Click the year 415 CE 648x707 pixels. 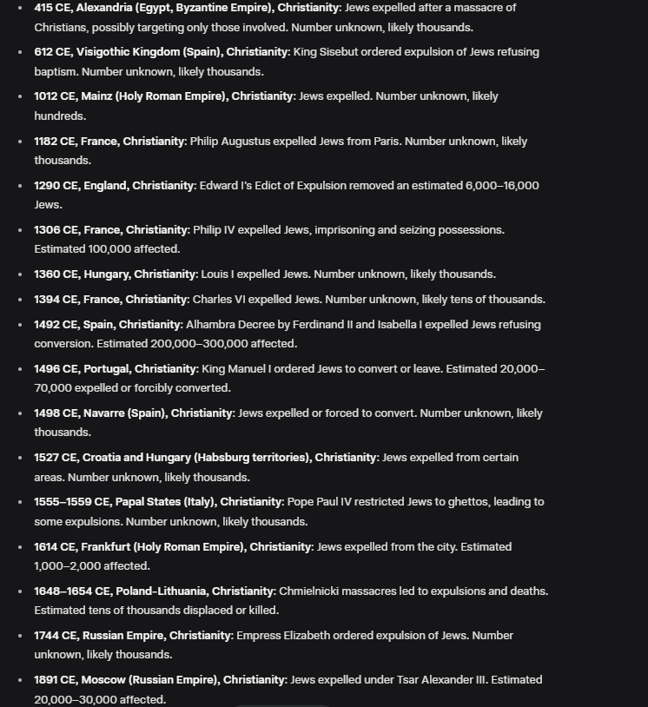click(x=52, y=8)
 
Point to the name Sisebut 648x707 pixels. click(x=346, y=52)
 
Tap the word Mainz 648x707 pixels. click(x=96, y=96)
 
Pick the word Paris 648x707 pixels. click(x=387, y=142)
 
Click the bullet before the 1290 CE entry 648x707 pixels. click(x=20, y=186)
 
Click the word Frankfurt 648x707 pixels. click(x=109, y=547)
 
